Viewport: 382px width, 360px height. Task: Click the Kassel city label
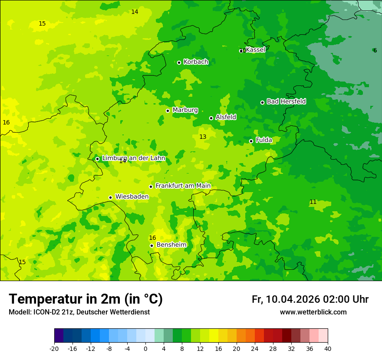[255, 50]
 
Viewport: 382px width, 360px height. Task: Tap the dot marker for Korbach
[179, 62]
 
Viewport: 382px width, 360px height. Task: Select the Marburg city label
[185, 110]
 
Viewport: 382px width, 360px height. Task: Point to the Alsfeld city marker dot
[211, 118]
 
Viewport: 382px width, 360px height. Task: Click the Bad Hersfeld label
[286, 101]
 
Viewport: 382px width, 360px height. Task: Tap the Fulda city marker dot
[251, 141]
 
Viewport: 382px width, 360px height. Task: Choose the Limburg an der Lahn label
[133, 158]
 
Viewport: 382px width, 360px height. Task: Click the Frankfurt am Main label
[183, 186]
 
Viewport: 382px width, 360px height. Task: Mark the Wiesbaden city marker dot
[110, 197]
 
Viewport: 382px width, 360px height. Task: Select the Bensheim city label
[171, 245]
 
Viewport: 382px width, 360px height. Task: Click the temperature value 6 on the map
[375, 51]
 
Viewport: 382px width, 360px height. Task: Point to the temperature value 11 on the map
[313, 202]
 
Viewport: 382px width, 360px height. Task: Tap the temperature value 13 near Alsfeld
[203, 137]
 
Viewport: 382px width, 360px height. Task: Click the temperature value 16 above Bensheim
[152, 238]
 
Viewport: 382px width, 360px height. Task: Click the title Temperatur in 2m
[86, 299]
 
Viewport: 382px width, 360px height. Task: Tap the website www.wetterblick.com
[313, 312]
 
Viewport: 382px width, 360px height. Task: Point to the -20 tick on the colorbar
[54, 348]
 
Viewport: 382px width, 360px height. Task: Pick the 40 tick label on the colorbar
[328, 348]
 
